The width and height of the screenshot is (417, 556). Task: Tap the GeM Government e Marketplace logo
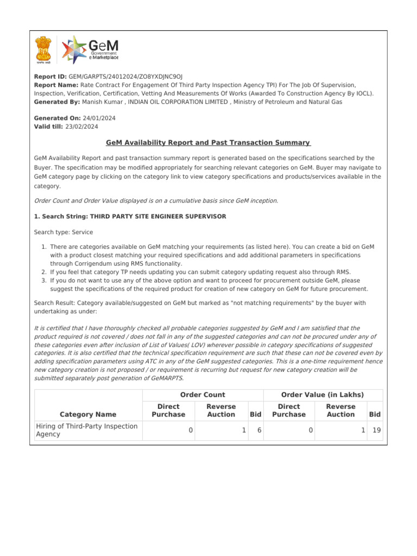[x=90, y=49]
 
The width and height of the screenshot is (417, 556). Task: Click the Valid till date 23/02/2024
[x=81, y=127]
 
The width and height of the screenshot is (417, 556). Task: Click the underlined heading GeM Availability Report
[x=208, y=143]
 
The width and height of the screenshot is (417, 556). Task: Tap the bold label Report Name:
[x=56, y=85]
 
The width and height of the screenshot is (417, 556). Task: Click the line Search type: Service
[x=64, y=232]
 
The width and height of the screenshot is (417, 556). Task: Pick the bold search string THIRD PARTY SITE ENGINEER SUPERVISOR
[x=158, y=216]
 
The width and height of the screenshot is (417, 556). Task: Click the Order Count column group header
[x=203, y=395]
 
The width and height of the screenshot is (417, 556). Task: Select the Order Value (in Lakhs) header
[x=323, y=395]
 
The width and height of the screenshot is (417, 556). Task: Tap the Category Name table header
[x=88, y=414]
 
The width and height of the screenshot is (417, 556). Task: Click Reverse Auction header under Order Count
[x=221, y=410]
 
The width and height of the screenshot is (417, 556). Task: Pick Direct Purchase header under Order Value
[x=289, y=410]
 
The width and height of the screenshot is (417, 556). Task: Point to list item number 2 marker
[x=45, y=272]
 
